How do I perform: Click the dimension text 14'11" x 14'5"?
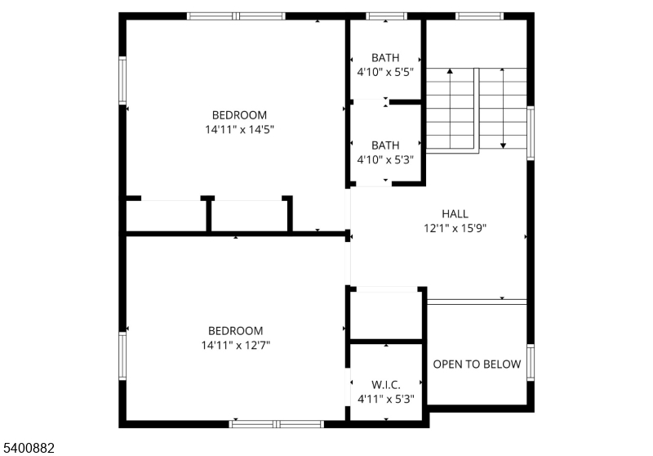point(239,129)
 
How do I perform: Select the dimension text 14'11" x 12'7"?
point(236,345)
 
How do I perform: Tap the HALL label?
point(455,214)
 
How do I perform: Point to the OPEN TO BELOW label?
point(477,364)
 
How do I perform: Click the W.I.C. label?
point(386,384)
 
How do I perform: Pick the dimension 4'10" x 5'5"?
point(385,72)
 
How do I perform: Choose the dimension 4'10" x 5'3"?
point(385,159)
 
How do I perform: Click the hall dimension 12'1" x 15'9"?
point(455,229)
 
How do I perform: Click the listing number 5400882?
point(29,448)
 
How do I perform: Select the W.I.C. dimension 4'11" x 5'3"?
point(386,399)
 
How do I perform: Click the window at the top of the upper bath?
point(386,16)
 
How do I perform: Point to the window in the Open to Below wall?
point(531,363)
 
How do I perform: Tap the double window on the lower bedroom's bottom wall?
point(277,423)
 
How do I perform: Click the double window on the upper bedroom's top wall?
point(236,16)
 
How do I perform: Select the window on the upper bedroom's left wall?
point(122,79)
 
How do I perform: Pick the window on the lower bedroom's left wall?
point(122,356)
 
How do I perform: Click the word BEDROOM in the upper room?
point(239,115)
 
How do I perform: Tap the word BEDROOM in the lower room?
point(236,331)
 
